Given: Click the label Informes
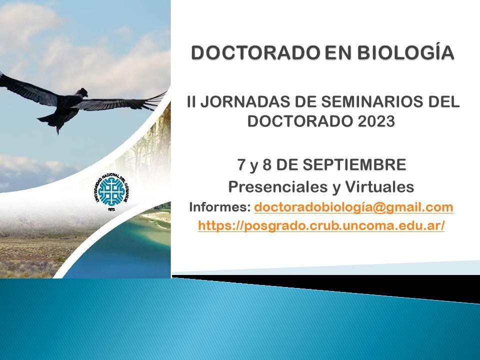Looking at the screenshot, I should point(218,207).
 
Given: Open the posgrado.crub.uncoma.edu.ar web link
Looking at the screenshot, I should point(321,226).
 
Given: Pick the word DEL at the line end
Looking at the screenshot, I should point(441,103).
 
